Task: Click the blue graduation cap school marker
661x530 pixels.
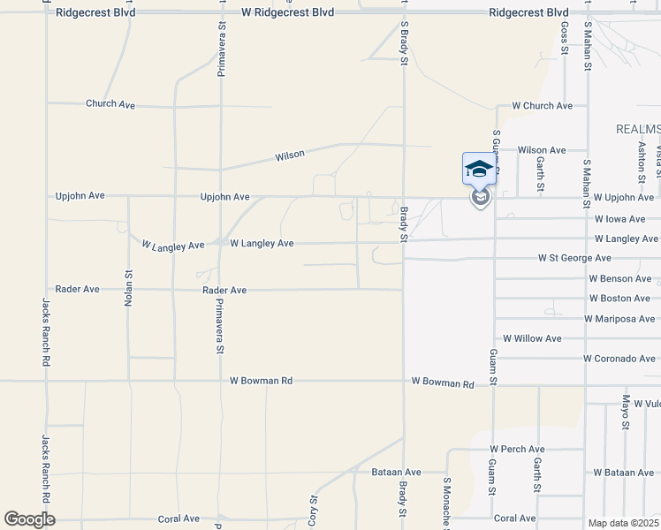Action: click(478, 169)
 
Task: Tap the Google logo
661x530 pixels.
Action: click(29, 519)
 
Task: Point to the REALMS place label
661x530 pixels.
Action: click(638, 129)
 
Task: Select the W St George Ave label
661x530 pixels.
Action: click(574, 258)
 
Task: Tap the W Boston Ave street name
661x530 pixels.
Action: click(622, 299)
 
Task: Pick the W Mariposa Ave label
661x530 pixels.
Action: click(619, 319)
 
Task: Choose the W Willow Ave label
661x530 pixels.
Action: click(532, 338)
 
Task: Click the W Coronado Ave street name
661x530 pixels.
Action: click(619, 359)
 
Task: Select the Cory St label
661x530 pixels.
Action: click(312, 511)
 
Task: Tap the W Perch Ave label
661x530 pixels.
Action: click(518, 450)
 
